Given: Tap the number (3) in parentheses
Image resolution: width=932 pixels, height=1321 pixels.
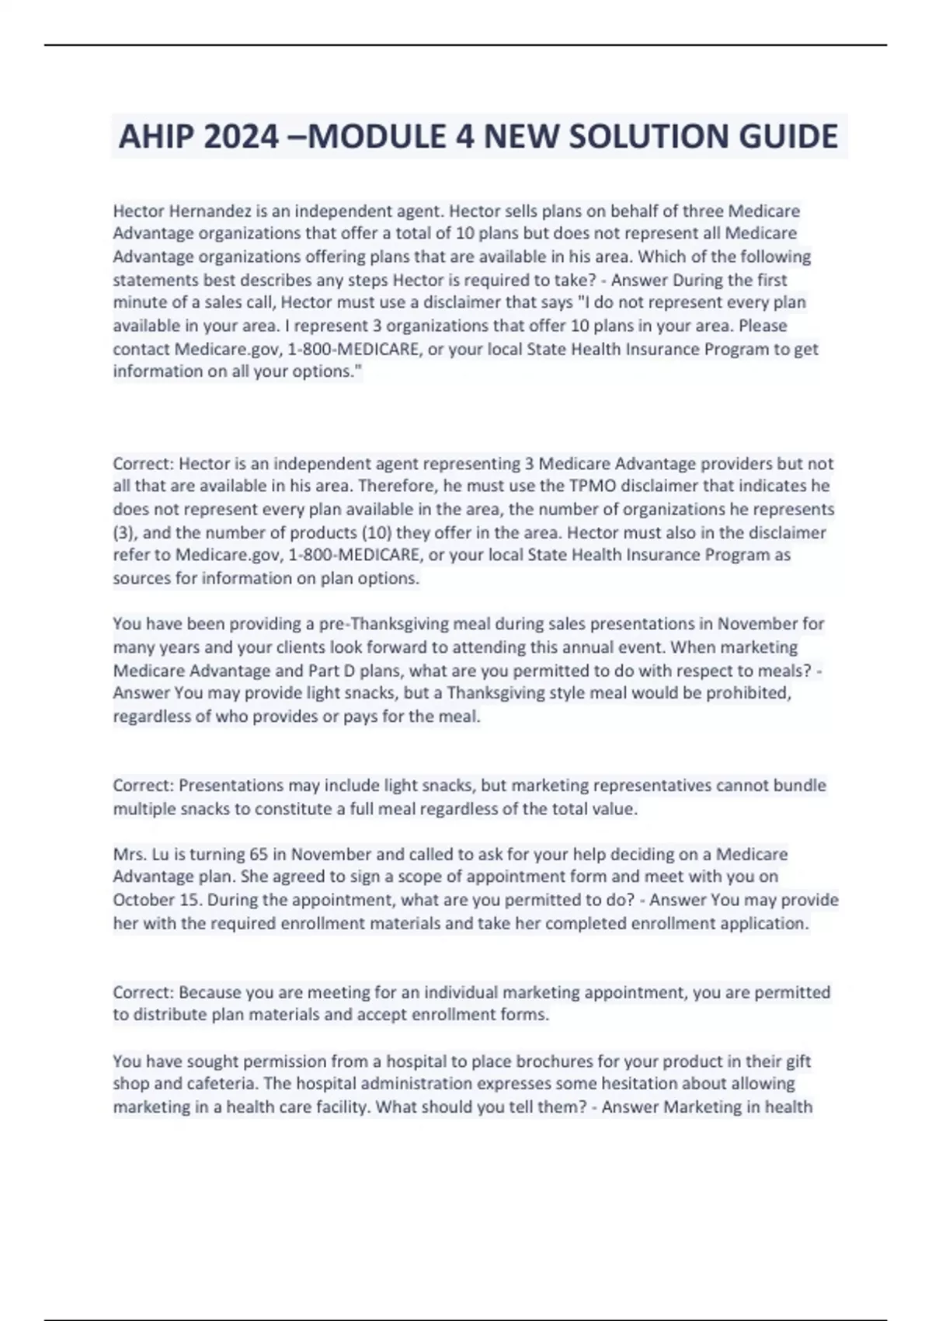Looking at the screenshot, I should (124, 532).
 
